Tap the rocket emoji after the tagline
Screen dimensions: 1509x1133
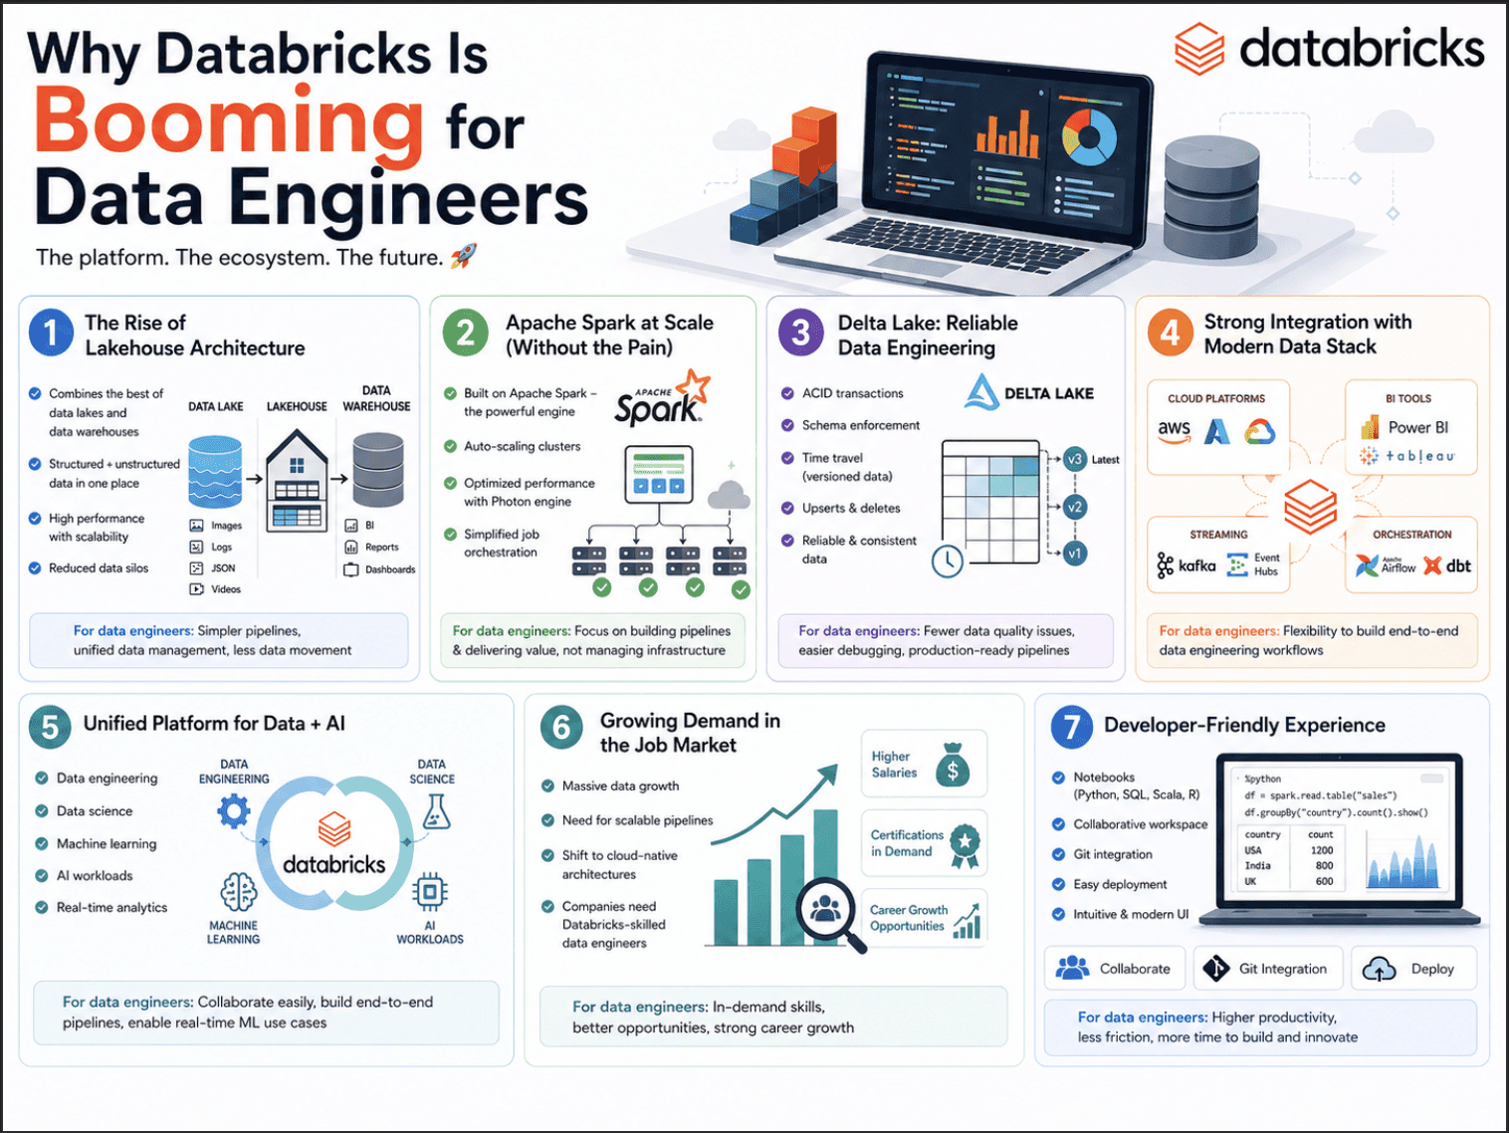[x=464, y=257]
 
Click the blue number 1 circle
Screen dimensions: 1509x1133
[x=51, y=333]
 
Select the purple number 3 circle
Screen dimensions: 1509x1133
[x=800, y=333]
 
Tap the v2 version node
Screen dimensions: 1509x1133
[x=1074, y=507]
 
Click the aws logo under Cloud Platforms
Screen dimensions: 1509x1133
[x=1175, y=430]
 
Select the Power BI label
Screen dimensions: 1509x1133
[x=1417, y=427]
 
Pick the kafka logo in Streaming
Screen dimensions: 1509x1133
[x=1186, y=566]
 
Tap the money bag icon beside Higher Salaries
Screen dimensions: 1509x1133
[x=953, y=765]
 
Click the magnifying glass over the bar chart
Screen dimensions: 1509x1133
[x=827, y=909]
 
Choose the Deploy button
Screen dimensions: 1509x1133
[x=1413, y=969]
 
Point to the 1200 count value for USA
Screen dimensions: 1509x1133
[x=1322, y=850]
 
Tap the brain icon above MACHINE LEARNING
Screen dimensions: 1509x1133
[x=238, y=892]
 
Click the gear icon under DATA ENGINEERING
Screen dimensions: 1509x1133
[x=234, y=812]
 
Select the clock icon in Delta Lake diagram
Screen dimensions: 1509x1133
[x=948, y=561]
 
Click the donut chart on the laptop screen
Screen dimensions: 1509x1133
[x=1089, y=136]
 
